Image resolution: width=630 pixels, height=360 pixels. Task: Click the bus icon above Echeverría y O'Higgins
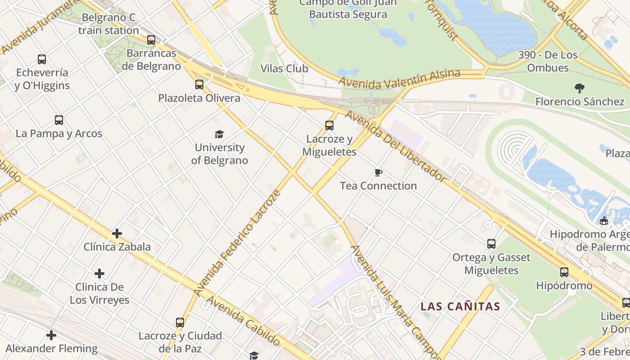tap(42, 59)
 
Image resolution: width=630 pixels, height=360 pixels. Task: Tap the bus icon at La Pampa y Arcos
tap(59, 120)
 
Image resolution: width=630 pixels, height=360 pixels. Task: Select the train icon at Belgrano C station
tap(151, 40)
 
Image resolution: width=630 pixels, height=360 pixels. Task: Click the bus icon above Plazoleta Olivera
tap(199, 84)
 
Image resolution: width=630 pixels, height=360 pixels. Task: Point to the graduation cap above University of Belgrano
tap(219, 134)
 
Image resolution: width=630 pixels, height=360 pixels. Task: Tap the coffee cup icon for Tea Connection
tap(378, 172)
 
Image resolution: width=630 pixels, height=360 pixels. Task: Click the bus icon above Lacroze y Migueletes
tap(329, 126)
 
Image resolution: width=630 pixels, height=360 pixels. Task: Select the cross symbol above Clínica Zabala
tap(117, 233)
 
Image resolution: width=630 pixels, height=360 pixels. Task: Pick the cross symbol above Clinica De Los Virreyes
tap(99, 274)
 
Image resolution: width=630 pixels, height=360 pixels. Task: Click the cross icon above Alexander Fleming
tap(51, 335)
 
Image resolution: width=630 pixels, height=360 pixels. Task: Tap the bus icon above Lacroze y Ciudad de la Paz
tap(180, 323)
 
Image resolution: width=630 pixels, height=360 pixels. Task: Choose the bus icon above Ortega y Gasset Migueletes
tap(491, 244)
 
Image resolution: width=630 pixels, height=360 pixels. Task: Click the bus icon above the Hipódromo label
tap(564, 272)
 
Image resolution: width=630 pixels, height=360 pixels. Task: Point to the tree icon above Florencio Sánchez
tap(580, 88)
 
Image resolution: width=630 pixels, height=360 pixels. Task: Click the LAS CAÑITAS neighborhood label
tap(460, 307)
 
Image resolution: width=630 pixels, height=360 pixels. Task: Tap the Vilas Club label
tap(284, 68)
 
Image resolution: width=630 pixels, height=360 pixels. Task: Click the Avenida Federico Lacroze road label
tap(238, 243)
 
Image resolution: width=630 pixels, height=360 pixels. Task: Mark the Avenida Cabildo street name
tap(243, 320)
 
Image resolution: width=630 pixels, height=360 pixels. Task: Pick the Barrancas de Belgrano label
tap(151, 59)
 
